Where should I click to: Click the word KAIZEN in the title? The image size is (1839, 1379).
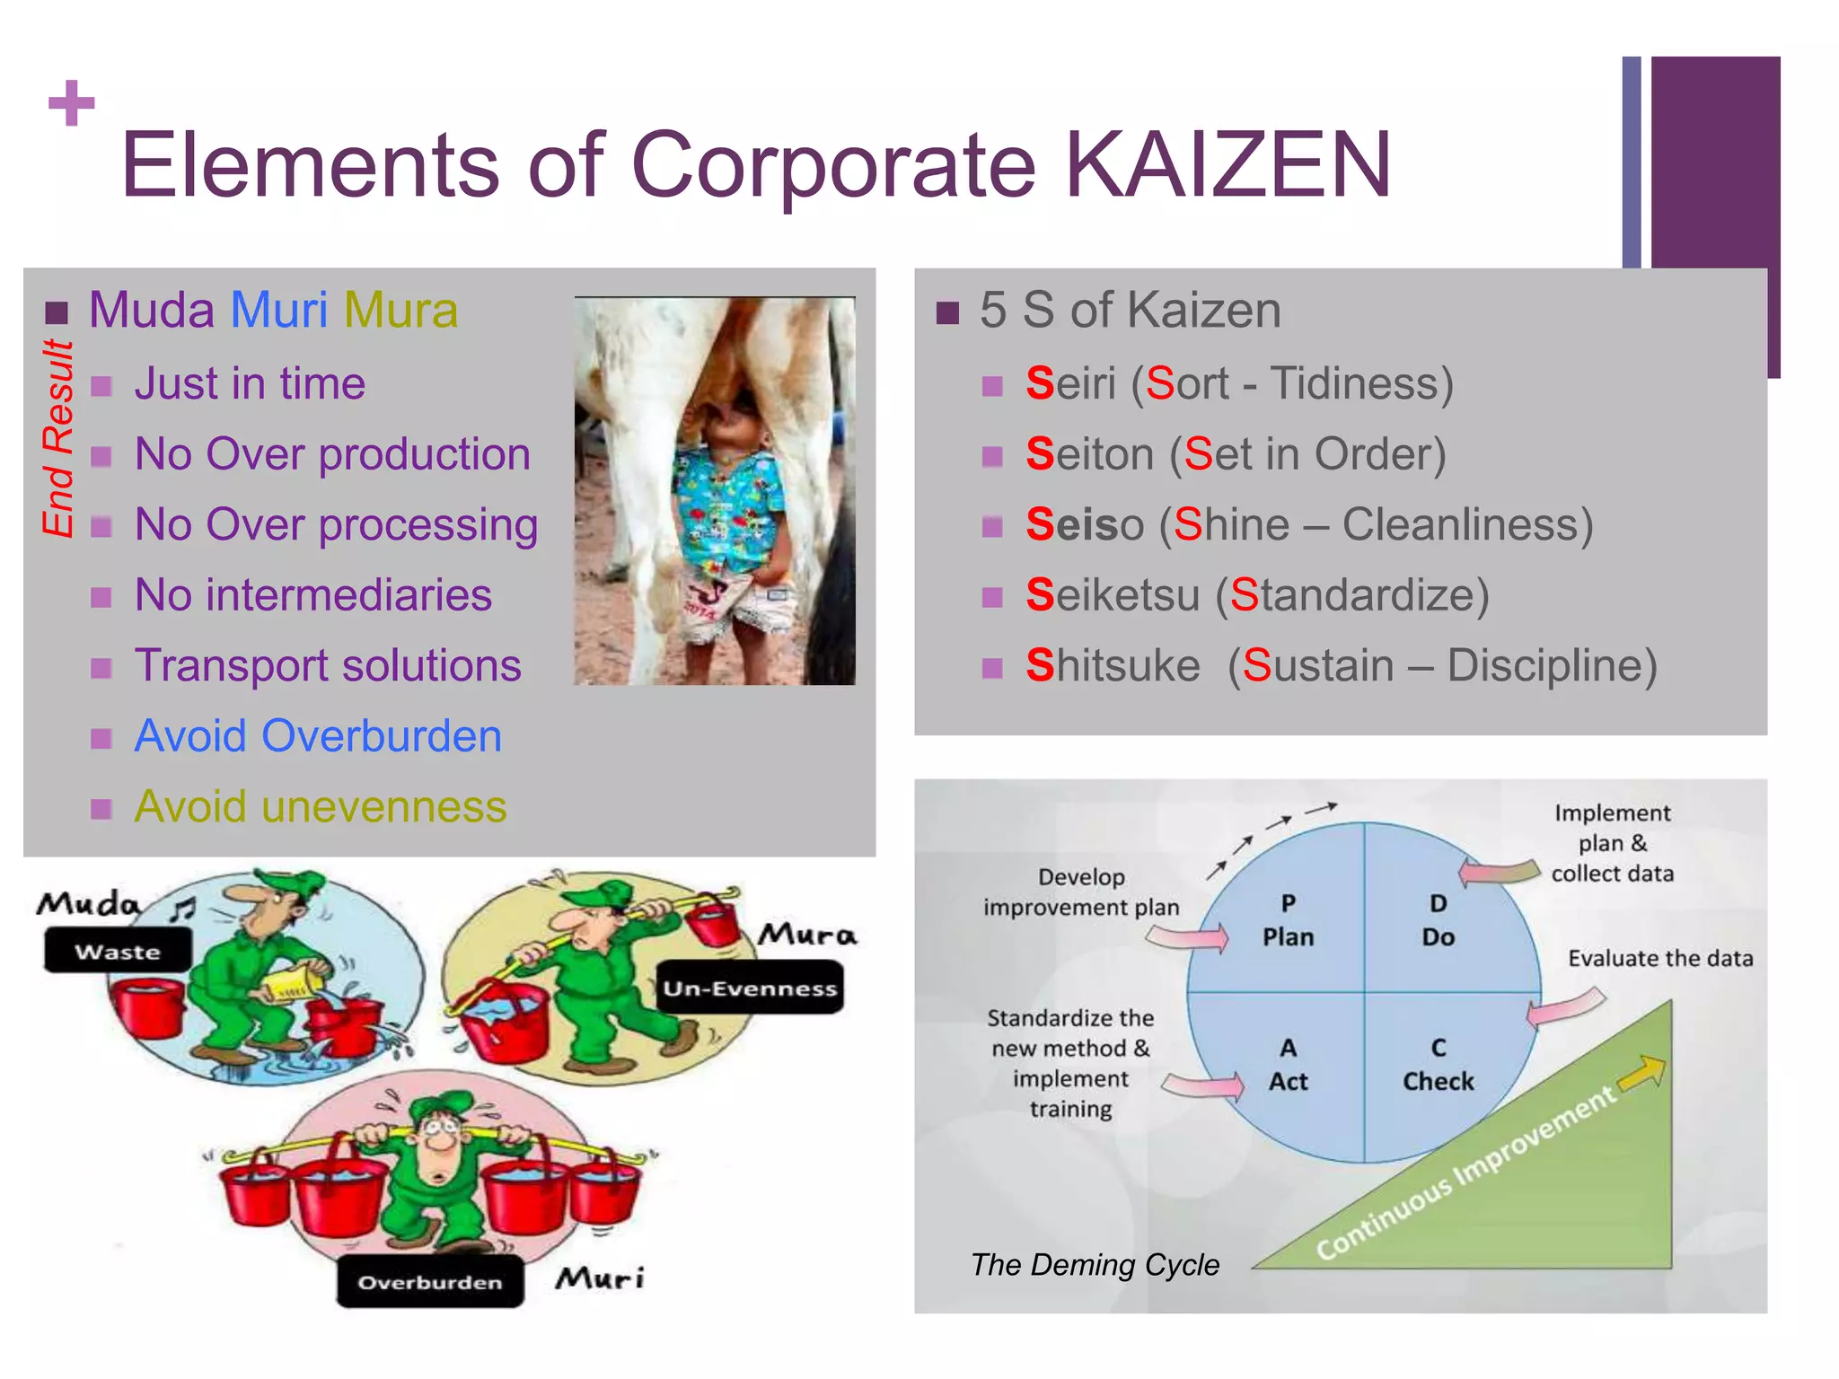[1228, 165]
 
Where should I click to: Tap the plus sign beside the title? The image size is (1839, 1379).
[72, 103]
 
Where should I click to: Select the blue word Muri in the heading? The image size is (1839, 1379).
[279, 311]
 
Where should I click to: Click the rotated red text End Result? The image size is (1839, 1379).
[58, 438]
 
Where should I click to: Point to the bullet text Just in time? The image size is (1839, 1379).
[250, 384]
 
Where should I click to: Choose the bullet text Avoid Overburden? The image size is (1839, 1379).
[318, 736]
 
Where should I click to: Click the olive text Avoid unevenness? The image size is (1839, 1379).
[321, 806]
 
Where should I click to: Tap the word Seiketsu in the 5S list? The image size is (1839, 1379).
[1113, 595]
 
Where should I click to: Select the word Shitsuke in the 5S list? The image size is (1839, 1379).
[1113, 666]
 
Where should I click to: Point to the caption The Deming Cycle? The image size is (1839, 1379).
[1095, 1265]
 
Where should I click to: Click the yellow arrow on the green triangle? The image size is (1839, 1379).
[1642, 1072]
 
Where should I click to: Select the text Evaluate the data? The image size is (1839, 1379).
[1660, 959]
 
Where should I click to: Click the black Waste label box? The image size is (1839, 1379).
[118, 951]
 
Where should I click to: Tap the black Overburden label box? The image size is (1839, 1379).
[430, 1282]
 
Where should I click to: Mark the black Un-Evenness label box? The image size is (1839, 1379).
[750, 988]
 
